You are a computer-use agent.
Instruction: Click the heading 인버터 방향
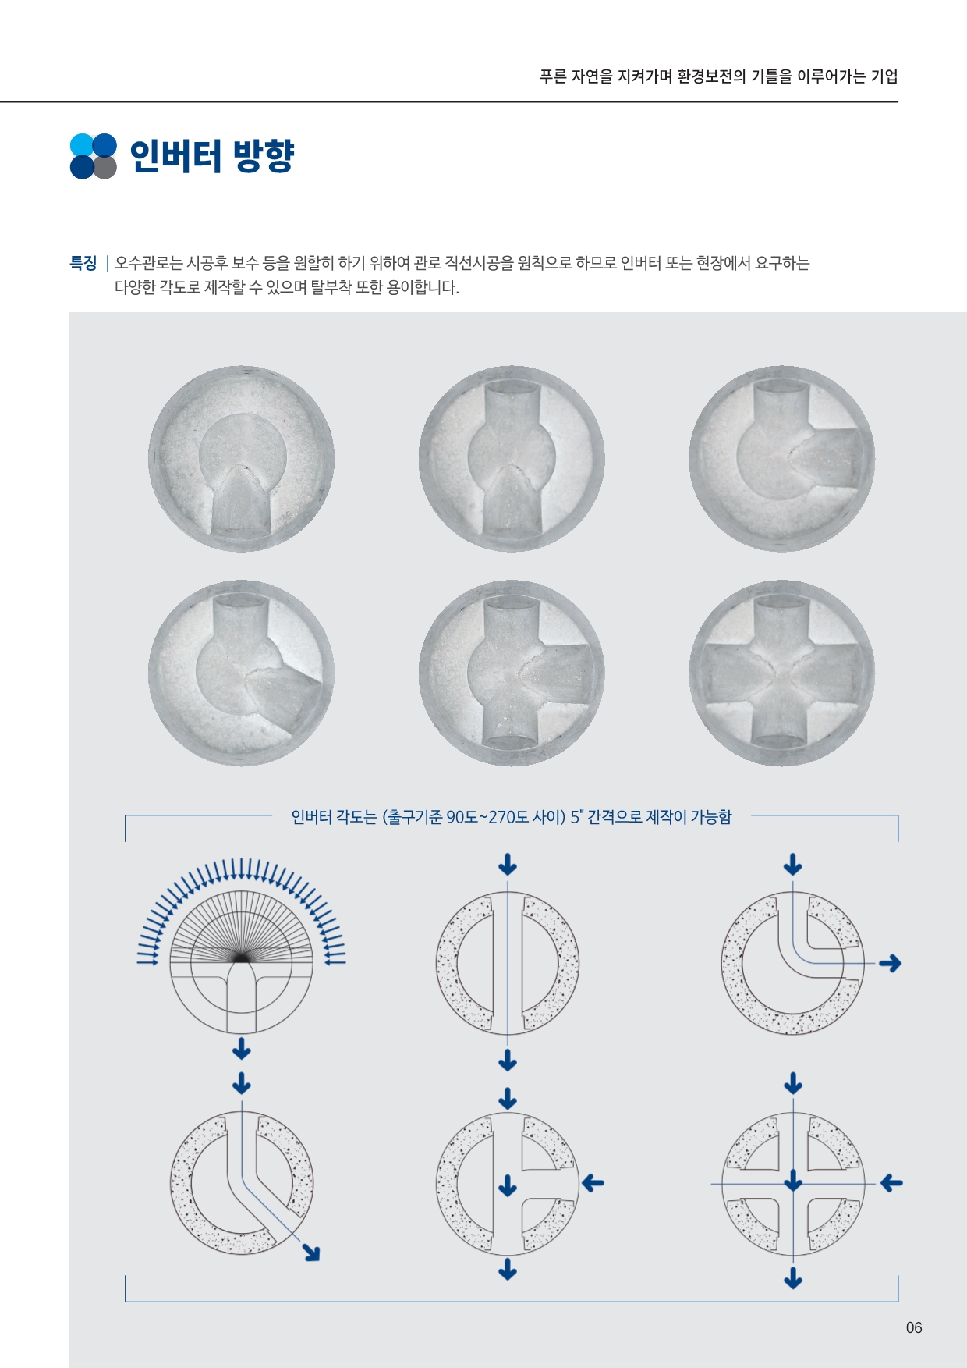pyautogui.click(x=211, y=156)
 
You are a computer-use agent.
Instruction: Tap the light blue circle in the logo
pyautogui.click(x=81, y=145)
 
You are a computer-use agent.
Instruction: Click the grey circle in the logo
pyautogui.click(x=105, y=168)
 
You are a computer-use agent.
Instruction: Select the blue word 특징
pyautogui.click(x=83, y=263)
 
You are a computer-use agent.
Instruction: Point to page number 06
pyautogui.click(x=914, y=1327)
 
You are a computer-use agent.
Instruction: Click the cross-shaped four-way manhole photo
pyautogui.click(x=781, y=673)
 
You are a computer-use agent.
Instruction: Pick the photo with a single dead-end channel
pyautogui.click(x=242, y=459)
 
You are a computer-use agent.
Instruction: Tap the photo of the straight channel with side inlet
pyautogui.click(x=512, y=673)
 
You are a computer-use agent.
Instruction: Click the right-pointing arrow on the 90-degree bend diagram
pyautogui.click(x=890, y=964)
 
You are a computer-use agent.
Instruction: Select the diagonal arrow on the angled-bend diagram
pyautogui.click(x=311, y=1252)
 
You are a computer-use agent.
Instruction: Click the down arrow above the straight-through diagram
pyautogui.click(x=508, y=864)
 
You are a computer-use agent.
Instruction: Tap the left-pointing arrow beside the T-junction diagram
pyautogui.click(x=593, y=1183)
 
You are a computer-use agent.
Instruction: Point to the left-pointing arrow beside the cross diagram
pyautogui.click(x=891, y=1183)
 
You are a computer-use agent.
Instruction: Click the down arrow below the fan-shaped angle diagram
pyautogui.click(x=242, y=1048)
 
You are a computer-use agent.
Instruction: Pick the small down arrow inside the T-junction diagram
pyautogui.click(x=508, y=1185)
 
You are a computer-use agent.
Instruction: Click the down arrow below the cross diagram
pyautogui.click(x=793, y=1277)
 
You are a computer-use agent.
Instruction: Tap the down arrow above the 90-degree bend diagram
pyautogui.click(x=793, y=864)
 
